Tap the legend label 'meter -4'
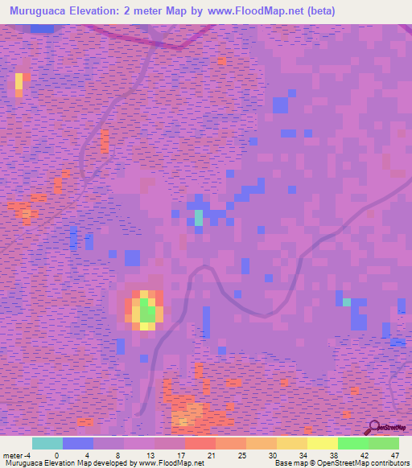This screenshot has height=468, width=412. coord(18,454)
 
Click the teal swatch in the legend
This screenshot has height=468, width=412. coord(47,443)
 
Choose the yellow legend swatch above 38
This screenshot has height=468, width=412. coord(322,443)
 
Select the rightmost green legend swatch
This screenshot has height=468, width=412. coord(383,443)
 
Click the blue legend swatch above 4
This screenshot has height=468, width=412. coord(78,443)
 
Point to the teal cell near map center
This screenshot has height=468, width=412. coord(198,217)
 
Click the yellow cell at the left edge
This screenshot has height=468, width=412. coord(19,82)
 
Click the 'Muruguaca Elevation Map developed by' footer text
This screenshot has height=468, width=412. coord(68,463)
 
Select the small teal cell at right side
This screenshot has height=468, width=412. coord(347,302)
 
